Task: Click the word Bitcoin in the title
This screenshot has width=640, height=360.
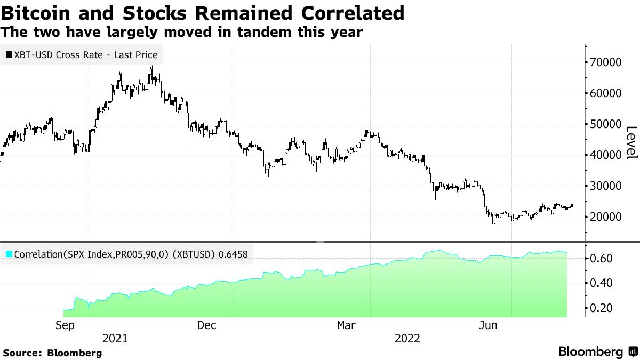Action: coord(36,13)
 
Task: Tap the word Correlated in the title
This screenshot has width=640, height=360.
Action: coord(346,13)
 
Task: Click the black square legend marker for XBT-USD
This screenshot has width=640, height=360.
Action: coord(9,54)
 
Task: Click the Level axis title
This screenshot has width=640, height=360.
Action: coord(631,142)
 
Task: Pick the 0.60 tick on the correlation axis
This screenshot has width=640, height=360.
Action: coord(602,258)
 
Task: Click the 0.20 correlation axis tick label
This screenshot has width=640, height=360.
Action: coord(602,308)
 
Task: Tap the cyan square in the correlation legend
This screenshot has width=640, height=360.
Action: coord(9,254)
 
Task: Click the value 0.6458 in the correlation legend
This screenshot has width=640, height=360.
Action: coord(233,254)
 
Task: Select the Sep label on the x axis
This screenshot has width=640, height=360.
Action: coord(64,325)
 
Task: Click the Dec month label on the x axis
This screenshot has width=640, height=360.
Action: coord(206,325)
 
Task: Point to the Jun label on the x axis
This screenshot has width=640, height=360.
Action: coord(489,325)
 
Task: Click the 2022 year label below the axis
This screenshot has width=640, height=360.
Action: coord(407,339)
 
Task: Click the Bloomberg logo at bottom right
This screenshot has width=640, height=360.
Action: coord(597,352)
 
